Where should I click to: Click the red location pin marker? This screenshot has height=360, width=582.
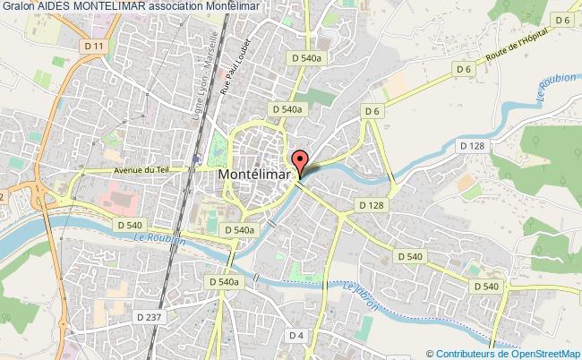(x=300, y=162)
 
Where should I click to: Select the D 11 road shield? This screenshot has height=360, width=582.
(x=100, y=46)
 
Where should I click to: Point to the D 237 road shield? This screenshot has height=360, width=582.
(x=150, y=316)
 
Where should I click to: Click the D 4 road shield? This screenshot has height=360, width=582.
(x=297, y=335)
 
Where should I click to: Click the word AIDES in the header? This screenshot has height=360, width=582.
(x=56, y=6)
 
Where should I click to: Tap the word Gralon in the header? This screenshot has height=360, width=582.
(x=18, y=6)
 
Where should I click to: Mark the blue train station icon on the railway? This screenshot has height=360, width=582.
(x=194, y=159)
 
